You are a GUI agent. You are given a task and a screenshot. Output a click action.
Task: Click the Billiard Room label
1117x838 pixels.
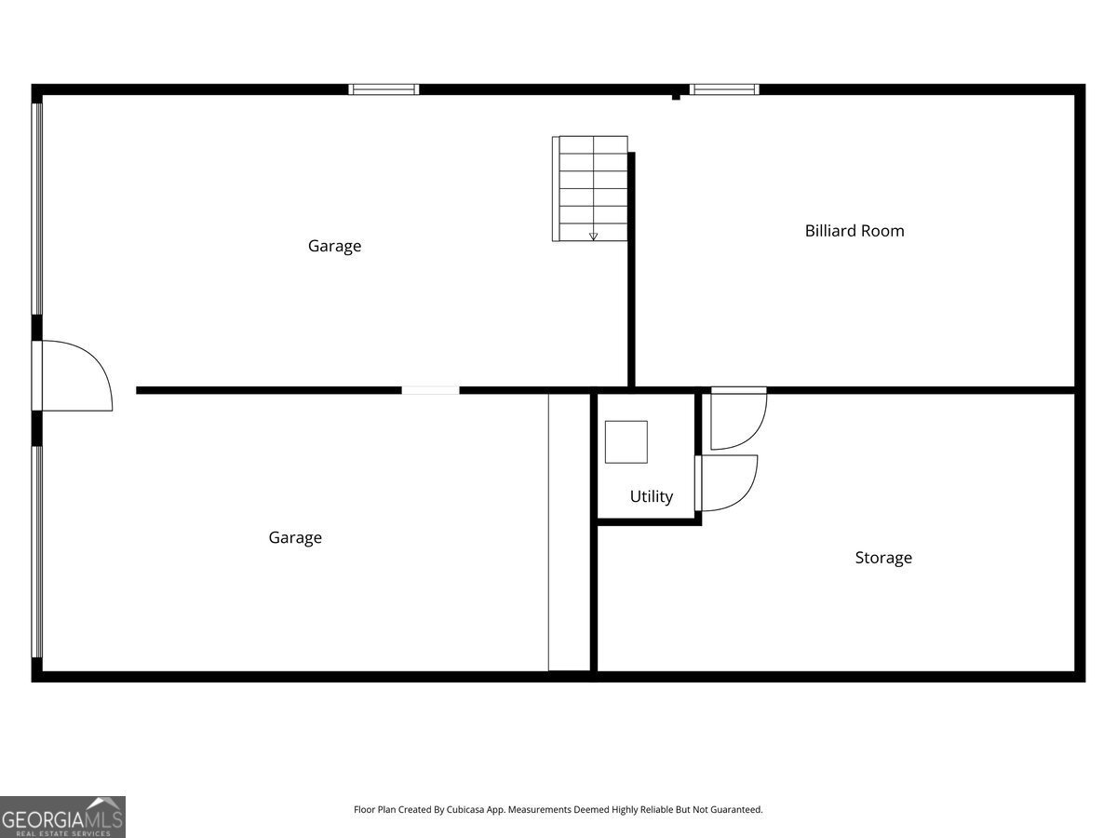[x=855, y=231]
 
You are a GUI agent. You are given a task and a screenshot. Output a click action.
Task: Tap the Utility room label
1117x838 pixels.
[x=651, y=496]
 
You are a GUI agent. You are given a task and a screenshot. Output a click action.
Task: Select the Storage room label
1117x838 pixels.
[x=883, y=558]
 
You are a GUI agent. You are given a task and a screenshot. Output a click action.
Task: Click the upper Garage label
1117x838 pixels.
[x=334, y=246]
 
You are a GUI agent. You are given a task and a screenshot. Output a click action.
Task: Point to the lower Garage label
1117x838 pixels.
[x=295, y=537]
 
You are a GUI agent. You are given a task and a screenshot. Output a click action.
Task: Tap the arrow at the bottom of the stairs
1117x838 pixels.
[x=593, y=237]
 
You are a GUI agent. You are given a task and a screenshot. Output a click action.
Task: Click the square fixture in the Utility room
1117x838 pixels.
[x=626, y=441]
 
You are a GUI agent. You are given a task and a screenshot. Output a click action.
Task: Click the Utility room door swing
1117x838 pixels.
[x=728, y=482]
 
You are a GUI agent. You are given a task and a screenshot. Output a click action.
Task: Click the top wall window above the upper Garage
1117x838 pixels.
[x=384, y=89]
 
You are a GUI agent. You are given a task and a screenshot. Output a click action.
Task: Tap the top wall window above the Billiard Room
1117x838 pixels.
[x=724, y=89]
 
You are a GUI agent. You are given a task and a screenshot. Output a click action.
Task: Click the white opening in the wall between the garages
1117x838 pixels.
[x=430, y=390]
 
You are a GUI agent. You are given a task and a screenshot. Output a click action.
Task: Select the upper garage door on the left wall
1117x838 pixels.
[x=37, y=208]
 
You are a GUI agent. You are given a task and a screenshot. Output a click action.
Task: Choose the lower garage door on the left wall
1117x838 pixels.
[x=37, y=551]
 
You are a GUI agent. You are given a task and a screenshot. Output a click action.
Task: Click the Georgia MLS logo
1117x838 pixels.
[x=62, y=817]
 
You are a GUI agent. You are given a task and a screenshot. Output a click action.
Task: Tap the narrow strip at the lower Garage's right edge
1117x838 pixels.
[x=569, y=532]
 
